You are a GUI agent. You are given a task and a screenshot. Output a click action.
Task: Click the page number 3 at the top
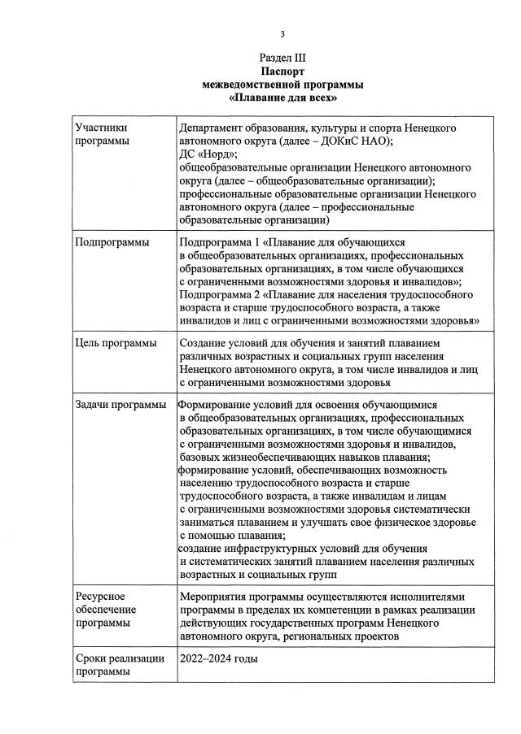pos(282,33)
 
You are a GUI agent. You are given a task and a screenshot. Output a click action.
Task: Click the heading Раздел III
pos(282,59)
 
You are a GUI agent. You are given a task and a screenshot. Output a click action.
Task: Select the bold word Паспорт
pos(282,72)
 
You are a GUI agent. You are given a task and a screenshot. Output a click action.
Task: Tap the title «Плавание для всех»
pos(282,98)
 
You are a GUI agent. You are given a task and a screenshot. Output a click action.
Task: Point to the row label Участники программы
pos(101,135)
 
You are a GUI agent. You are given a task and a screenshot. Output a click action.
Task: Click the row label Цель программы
pos(115,344)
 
